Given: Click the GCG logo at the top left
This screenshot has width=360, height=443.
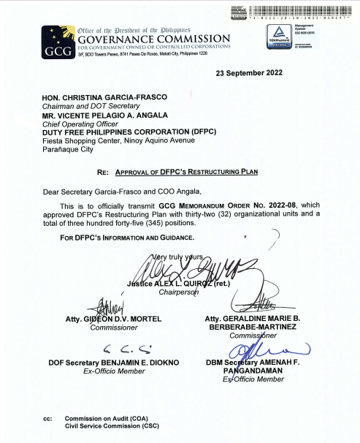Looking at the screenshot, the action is (55, 43).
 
